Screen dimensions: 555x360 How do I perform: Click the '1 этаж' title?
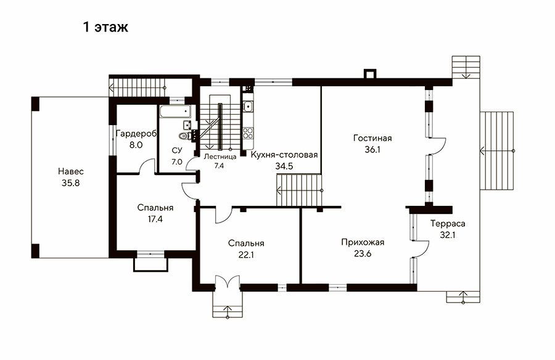click(105, 27)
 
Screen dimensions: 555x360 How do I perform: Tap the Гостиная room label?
click(372, 137)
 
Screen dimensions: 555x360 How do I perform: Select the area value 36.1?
click(372, 149)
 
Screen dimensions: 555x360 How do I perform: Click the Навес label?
click(71, 172)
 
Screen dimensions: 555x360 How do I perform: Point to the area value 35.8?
click(71, 183)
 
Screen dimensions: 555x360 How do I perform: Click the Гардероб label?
click(136, 134)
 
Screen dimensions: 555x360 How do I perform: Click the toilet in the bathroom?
click(183, 135)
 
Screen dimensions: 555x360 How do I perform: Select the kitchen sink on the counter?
click(248, 105)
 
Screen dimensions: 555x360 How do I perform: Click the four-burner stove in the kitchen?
click(248, 133)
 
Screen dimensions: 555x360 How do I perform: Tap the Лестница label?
click(220, 157)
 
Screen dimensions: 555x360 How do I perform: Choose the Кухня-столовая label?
click(284, 155)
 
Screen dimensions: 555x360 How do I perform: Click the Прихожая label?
click(363, 242)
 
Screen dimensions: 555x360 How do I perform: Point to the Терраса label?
click(448, 223)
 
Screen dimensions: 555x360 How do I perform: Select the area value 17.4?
click(155, 219)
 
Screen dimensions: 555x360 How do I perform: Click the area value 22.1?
click(246, 255)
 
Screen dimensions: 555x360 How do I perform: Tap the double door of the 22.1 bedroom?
click(227, 282)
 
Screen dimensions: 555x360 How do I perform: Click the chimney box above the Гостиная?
click(369, 74)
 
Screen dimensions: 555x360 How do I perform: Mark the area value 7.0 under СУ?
click(176, 162)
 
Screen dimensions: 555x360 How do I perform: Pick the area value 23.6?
click(363, 254)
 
